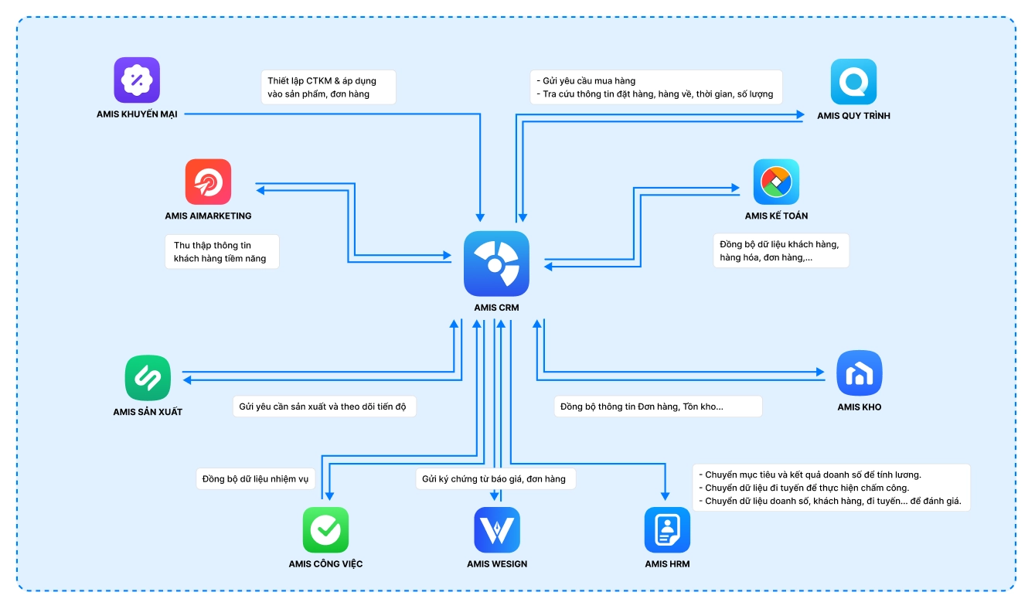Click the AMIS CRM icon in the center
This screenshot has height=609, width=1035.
click(x=496, y=264)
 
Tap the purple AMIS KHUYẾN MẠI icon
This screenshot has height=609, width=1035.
click(x=137, y=80)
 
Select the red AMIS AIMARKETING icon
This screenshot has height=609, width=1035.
click(x=208, y=182)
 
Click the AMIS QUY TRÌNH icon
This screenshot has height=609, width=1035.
click(x=853, y=81)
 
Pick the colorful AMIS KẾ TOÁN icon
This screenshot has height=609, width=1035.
click(x=776, y=182)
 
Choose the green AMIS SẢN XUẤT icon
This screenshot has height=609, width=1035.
click(x=148, y=378)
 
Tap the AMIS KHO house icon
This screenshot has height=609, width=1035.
click(x=859, y=373)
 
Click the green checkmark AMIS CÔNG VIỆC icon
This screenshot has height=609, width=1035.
click(x=325, y=529)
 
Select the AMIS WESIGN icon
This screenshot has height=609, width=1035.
click(x=497, y=529)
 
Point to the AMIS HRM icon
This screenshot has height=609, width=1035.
click(x=667, y=529)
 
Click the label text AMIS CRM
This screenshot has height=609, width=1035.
click(x=496, y=308)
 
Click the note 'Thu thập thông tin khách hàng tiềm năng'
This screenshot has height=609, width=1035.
click(x=222, y=252)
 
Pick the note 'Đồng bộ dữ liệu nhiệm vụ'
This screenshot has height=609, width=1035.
click(x=255, y=479)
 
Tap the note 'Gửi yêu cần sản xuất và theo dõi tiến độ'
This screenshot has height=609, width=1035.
click(x=324, y=407)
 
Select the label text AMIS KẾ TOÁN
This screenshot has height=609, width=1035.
click(x=776, y=216)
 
